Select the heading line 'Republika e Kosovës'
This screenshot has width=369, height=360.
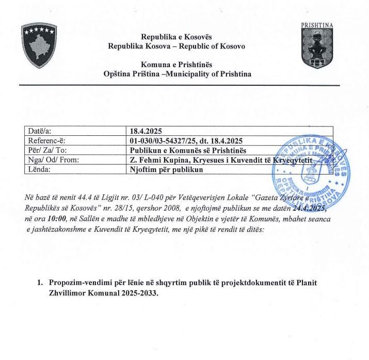point(177,37)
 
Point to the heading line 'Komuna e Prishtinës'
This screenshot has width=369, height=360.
point(177,65)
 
